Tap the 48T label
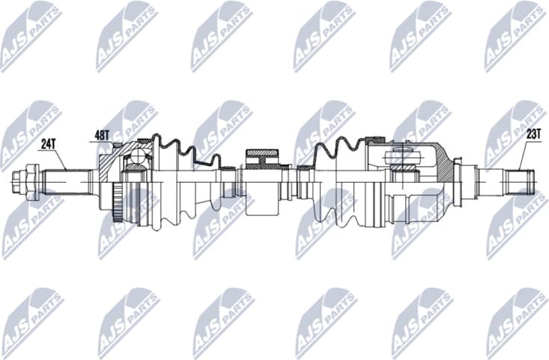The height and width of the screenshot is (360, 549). (103, 135)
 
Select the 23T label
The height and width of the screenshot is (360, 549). (533, 135)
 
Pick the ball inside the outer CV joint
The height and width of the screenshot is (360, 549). (138, 156)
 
